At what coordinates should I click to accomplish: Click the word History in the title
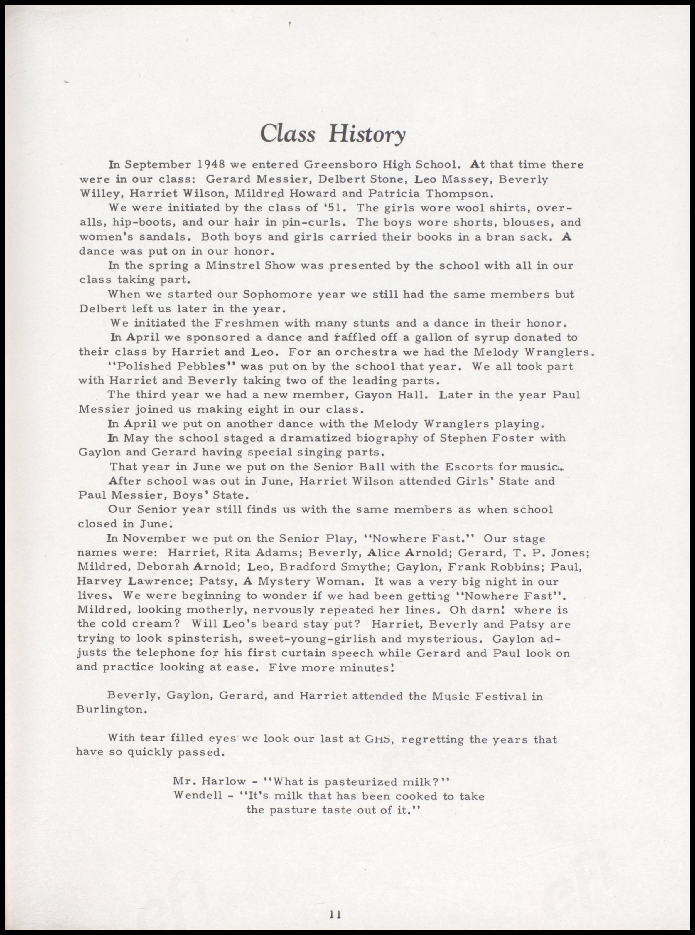coord(367,134)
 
